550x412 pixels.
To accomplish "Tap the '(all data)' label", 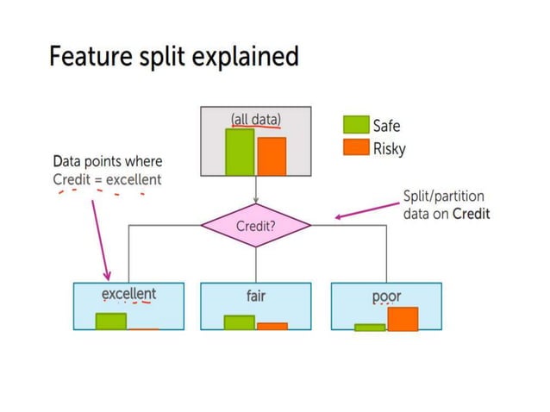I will (255, 119).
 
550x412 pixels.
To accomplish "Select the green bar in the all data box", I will (240, 152).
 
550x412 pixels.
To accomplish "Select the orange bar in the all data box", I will (271, 156).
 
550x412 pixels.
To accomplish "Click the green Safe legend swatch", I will (356, 125).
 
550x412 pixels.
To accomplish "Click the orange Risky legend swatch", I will (356, 147).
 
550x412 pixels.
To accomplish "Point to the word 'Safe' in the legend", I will (386, 126).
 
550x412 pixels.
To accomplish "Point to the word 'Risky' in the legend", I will (389, 148).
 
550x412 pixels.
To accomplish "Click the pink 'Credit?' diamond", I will (255, 227).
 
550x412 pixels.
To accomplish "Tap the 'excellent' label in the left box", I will (128, 294).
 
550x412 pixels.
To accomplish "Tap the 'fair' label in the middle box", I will (255, 296).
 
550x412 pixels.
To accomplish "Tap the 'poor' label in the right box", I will (386, 296).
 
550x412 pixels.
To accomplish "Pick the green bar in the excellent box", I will (111, 321).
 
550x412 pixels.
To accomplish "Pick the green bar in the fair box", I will (240, 322).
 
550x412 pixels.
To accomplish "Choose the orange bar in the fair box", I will (272, 327).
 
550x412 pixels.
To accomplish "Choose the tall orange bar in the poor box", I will (403, 319).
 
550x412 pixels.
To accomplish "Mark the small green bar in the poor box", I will (370, 328).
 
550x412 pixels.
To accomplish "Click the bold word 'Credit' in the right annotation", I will (471, 214).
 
